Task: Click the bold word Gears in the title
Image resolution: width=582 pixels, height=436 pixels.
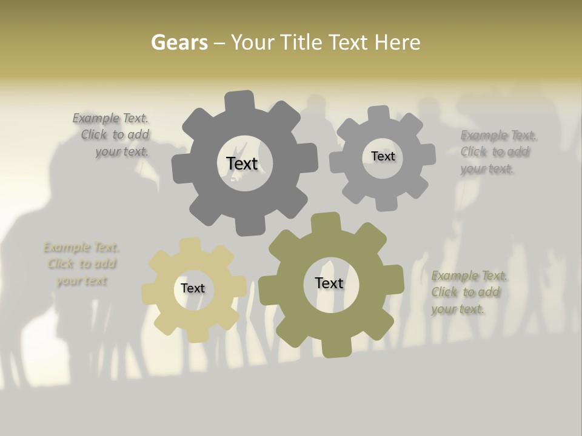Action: tap(179, 42)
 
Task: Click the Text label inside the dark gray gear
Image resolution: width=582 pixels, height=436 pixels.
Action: tap(242, 163)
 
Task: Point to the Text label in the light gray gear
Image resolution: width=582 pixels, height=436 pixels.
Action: tap(383, 156)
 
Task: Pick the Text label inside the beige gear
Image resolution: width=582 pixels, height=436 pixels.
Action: tap(193, 288)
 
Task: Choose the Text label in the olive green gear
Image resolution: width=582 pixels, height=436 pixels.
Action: tap(329, 283)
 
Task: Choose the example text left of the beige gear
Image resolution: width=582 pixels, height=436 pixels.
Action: tap(81, 264)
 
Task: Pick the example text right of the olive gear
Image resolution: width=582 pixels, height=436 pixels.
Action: tap(468, 292)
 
